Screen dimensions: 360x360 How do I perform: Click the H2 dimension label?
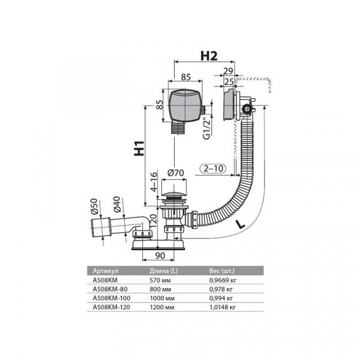tap(209, 56)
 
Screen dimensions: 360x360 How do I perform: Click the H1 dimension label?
tap(139, 148)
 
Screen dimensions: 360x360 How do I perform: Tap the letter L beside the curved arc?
tap(241, 224)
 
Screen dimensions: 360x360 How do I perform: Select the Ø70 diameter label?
tap(176, 173)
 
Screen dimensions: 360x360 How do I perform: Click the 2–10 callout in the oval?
tap(213, 169)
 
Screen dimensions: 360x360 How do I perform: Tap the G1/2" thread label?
tap(207, 129)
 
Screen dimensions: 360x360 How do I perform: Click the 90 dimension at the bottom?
tap(160, 256)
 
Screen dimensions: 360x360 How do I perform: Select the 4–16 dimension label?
tap(154, 182)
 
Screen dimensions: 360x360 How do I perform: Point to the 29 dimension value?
tap(228, 71)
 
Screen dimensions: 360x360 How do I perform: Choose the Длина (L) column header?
tap(163, 271)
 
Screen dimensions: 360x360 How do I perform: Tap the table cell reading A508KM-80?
tap(110, 289)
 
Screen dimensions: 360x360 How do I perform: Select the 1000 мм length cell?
tap(162, 298)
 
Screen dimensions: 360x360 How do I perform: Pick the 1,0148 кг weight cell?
tap(223, 307)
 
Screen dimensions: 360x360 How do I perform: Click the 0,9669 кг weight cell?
tap(223, 280)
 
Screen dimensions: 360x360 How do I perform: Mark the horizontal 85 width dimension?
tap(185, 77)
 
